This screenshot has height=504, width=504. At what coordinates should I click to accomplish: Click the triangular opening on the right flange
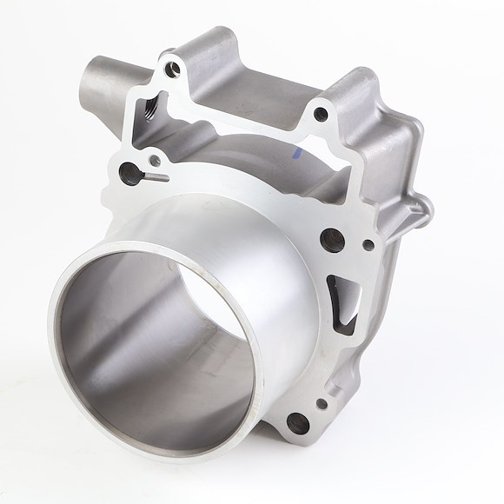click(344, 304)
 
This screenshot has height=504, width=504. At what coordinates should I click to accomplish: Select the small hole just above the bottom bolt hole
click(322, 401)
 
